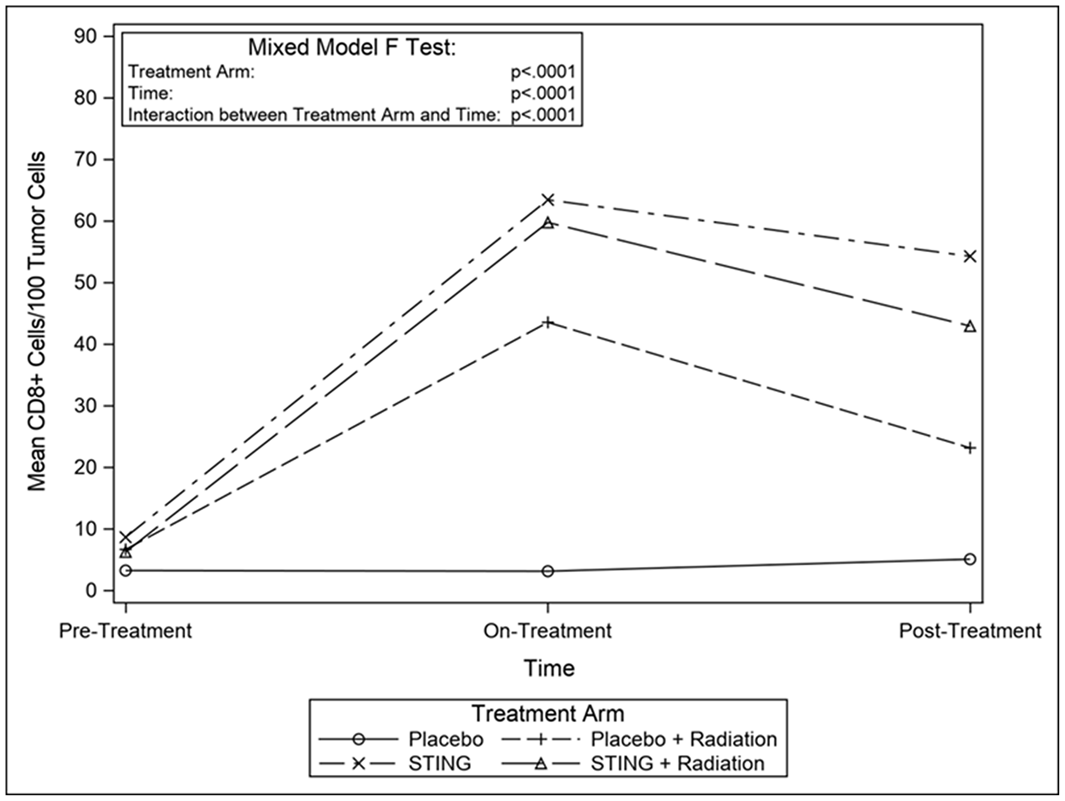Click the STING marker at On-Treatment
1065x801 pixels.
tap(548, 200)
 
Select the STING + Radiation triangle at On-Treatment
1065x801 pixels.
tap(548, 223)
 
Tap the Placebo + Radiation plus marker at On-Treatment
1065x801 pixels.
tap(548, 323)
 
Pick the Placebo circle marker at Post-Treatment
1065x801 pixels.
tap(970, 559)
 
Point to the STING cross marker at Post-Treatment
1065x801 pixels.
tap(970, 257)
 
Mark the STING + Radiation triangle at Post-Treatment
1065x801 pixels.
tap(970, 326)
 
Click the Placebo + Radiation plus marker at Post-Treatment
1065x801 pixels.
tap(970, 448)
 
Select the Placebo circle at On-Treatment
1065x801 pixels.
tap(548, 571)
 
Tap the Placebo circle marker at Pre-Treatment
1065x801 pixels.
tap(126, 571)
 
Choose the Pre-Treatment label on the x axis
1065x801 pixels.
tap(126, 631)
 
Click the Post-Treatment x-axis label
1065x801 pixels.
tap(970, 631)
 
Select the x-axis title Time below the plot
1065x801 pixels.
tap(549, 668)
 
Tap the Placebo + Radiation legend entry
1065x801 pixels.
tap(684, 739)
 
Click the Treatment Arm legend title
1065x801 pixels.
tap(548, 714)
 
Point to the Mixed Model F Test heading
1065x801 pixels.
tap(352, 48)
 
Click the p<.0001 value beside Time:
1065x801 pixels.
tap(543, 94)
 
